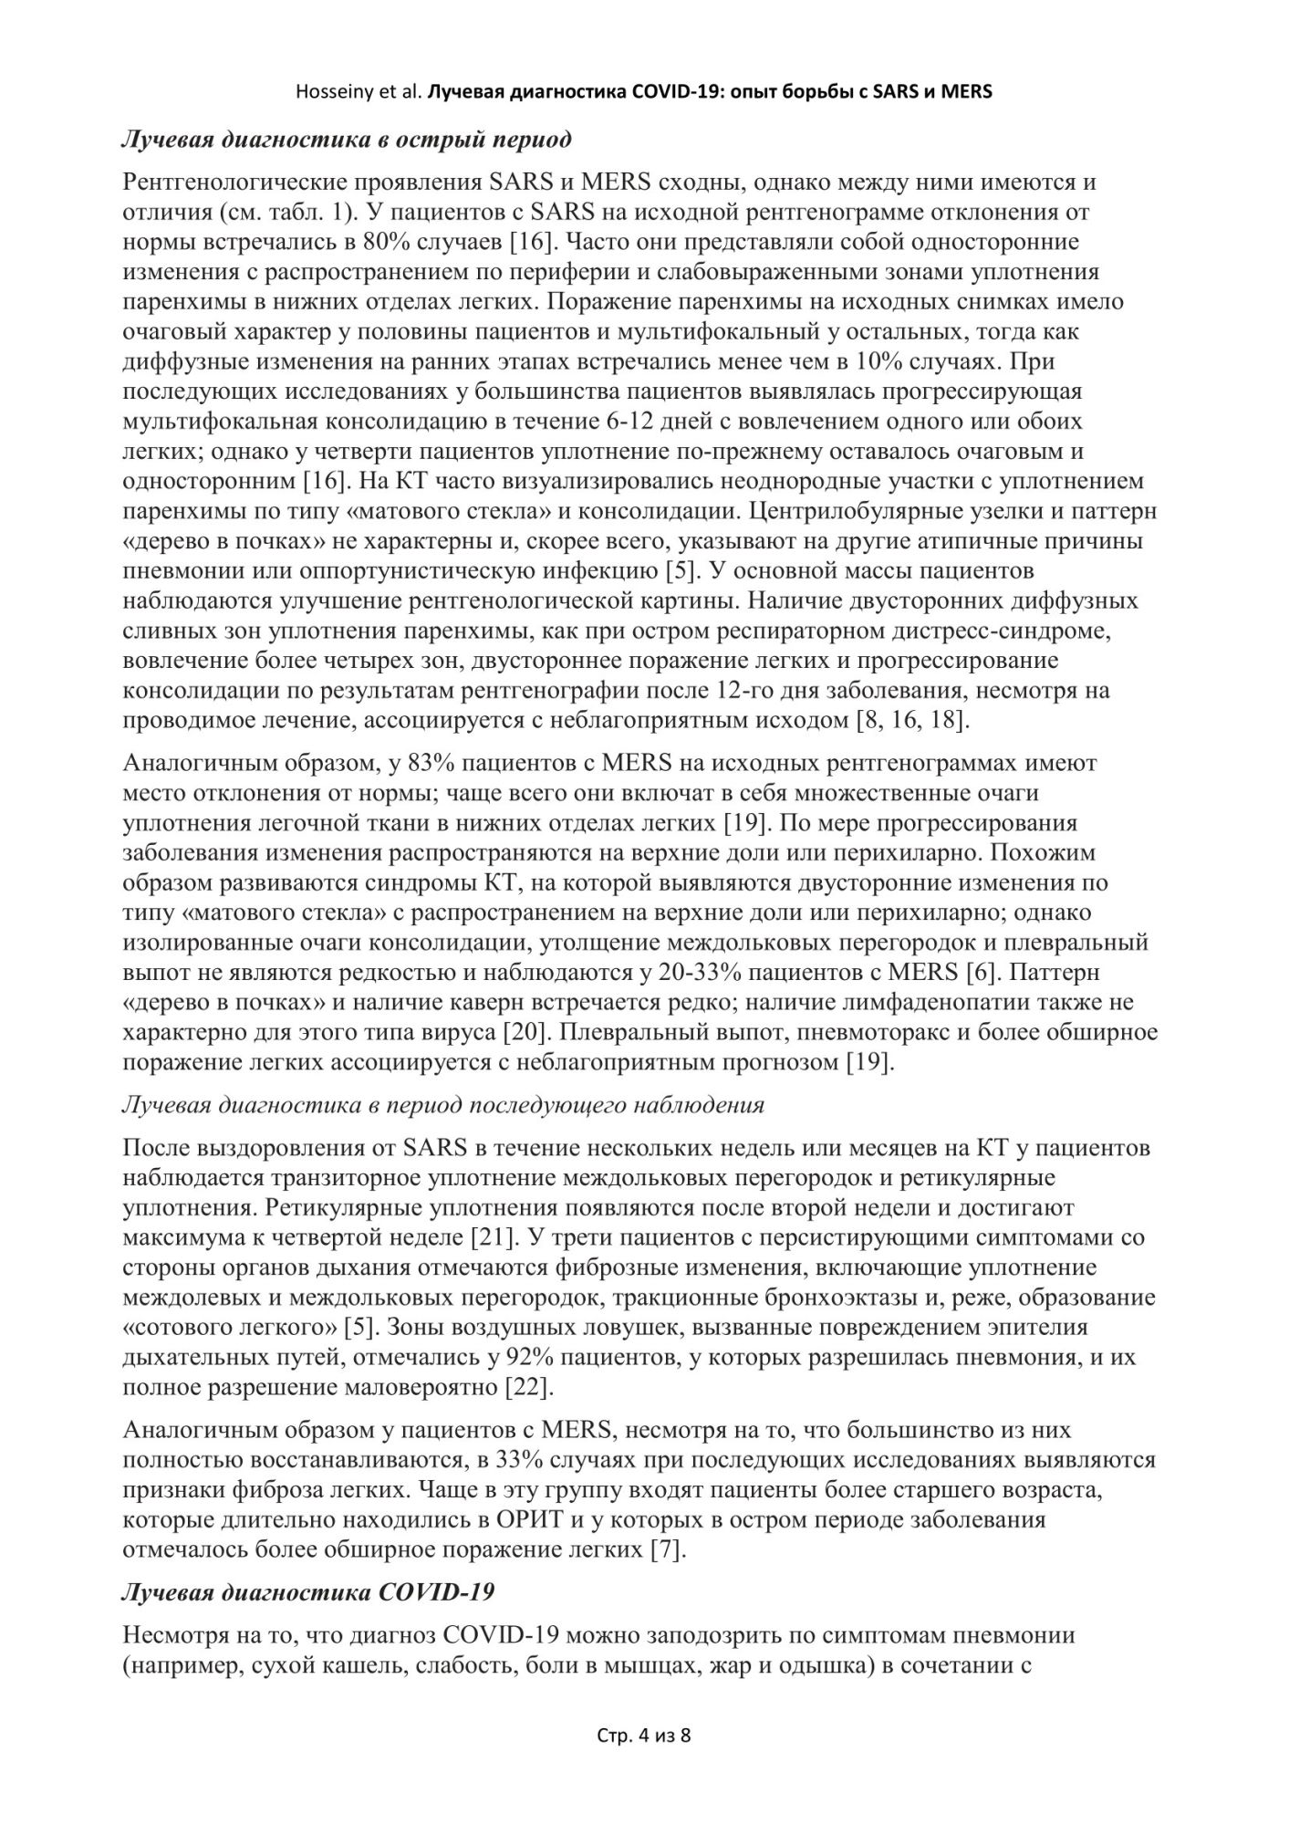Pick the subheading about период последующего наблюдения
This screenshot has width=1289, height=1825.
coord(442,1105)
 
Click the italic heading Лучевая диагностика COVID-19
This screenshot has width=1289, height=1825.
coord(308,1593)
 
